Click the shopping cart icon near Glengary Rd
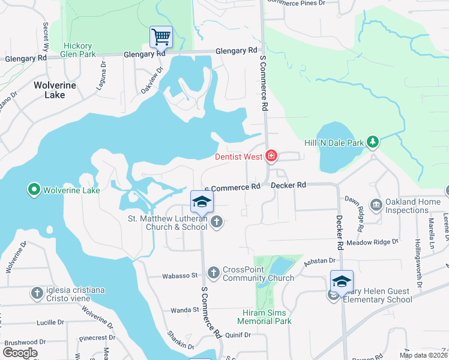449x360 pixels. tap(161, 37)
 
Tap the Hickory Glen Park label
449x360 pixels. tap(79, 50)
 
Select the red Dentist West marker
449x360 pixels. tap(271, 157)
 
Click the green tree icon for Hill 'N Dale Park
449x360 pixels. tap(373, 142)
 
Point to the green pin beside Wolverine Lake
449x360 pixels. tap(34, 191)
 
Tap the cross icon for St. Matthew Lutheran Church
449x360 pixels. tap(216, 223)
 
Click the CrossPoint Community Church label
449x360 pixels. tap(258, 274)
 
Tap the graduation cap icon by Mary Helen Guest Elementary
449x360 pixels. tap(342, 281)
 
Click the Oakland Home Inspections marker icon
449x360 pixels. tap(376, 205)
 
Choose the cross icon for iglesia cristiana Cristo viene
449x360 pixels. tap(37, 293)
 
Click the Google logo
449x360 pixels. tap(20, 352)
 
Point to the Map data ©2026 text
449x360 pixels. tap(423, 355)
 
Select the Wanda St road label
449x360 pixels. tap(184, 310)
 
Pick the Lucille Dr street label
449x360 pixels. tap(50, 322)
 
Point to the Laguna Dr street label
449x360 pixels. tap(103, 73)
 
